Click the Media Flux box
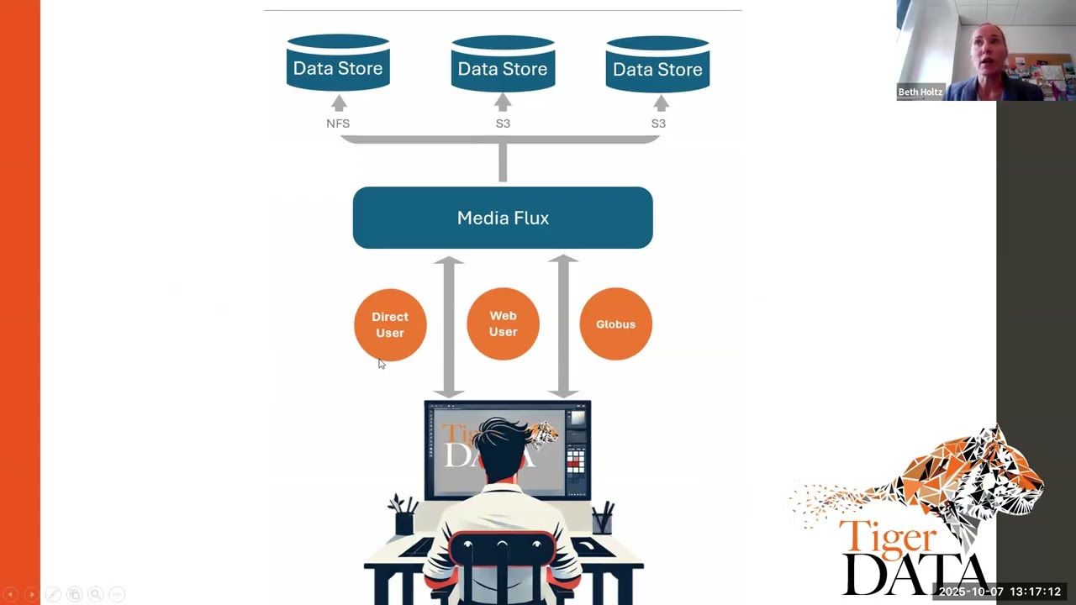pos(503,218)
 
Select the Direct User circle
pos(390,324)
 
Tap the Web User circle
pos(503,324)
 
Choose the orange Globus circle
pos(616,324)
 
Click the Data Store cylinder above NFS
pos(338,62)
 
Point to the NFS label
pos(338,124)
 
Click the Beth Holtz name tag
pos(920,92)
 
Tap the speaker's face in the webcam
pos(987,53)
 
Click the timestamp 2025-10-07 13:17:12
pos(1000,592)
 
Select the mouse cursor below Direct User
pos(382,364)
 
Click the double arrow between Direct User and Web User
pos(449,327)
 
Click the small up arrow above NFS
pos(339,103)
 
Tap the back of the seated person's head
pos(502,446)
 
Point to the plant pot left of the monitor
pos(404,523)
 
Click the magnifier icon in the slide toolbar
pos(96,594)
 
